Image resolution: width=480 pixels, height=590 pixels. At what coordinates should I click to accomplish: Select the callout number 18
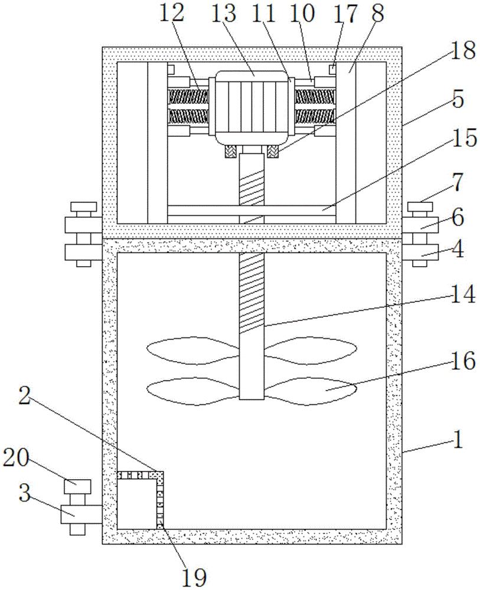(x=463, y=51)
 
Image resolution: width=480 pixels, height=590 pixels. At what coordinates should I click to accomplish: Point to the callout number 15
(x=465, y=137)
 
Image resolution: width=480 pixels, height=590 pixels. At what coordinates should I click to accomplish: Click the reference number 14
(x=463, y=294)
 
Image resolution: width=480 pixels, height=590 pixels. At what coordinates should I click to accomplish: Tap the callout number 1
(x=458, y=439)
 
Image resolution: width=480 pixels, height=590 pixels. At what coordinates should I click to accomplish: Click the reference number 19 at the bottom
(x=195, y=577)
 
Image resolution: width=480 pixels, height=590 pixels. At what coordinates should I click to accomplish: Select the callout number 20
(x=16, y=458)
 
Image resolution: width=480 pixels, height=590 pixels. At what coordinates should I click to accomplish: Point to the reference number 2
(x=24, y=396)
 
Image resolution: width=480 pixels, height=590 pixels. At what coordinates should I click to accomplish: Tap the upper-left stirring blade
(x=192, y=352)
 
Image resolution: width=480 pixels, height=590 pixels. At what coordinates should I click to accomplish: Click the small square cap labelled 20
(x=78, y=487)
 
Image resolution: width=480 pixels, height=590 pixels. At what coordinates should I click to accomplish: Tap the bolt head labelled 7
(x=420, y=206)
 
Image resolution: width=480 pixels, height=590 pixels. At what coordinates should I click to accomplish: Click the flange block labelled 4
(x=420, y=252)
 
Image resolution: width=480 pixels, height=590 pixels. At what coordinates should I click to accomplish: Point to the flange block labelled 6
(x=420, y=225)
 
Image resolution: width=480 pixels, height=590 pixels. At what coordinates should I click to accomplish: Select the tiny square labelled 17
(x=332, y=69)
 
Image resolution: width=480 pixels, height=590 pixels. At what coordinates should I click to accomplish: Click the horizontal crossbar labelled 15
(x=252, y=210)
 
